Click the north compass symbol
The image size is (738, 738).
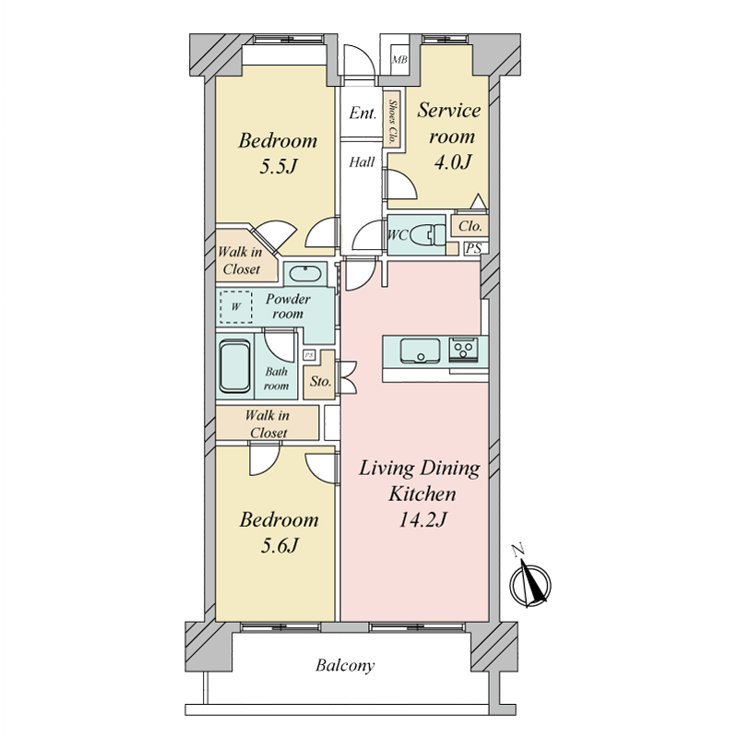pos(530,579)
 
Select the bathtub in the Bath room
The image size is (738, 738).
pos(234,365)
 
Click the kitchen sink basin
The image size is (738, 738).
pos(420,351)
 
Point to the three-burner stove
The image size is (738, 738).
pos(464,350)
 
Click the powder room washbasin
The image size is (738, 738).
pos(305,274)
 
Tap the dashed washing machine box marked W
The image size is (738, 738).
pos(236,307)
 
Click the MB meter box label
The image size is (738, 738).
pos(399,60)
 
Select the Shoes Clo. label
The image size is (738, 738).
pos(392,123)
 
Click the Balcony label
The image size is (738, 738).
pos(345,665)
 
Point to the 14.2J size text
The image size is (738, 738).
pos(423,519)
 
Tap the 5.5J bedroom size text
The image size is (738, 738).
pos(279,166)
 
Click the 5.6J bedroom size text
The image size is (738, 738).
pos(280,545)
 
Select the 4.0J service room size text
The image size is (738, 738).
pos(452,162)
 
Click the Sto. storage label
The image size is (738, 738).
pos(320,381)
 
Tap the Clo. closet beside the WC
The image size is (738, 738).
pos(470,226)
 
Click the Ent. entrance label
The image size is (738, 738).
pos(363,113)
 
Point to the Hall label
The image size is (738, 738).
pos(362,162)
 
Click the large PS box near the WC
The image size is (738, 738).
pos(473,248)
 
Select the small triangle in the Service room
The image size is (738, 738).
pos(478,201)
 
